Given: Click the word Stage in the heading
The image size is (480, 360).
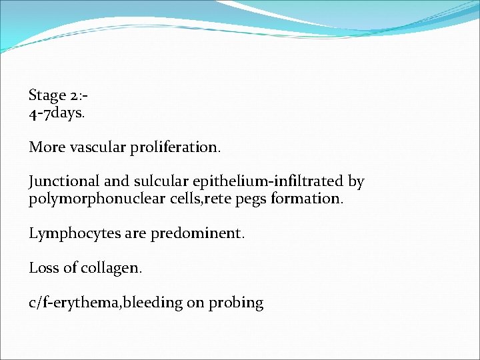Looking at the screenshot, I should (x=48, y=96).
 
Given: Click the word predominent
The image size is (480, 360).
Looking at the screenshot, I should (x=211, y=233).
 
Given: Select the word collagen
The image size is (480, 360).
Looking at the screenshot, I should (x=111, y=269).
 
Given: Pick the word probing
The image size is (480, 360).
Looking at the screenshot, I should (x=236, y=303).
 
